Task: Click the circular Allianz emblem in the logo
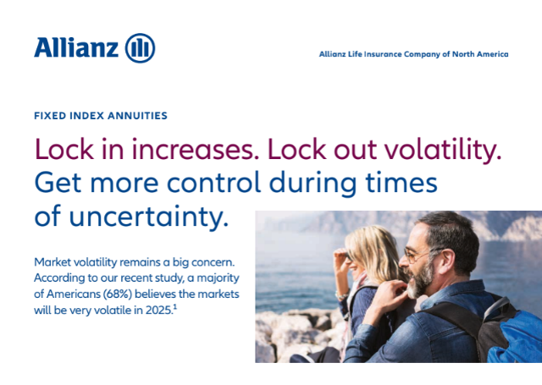point(140,48)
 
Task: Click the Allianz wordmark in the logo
point(76,47)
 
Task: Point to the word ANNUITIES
point(137,116)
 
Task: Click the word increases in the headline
point(196,150)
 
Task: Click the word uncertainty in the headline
point(149,217)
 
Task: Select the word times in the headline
point(401,182)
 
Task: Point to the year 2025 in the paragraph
point(158,310)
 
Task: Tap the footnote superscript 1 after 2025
point(175,307)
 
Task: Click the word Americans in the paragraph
point(74,294)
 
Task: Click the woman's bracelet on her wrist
point(342,295)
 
